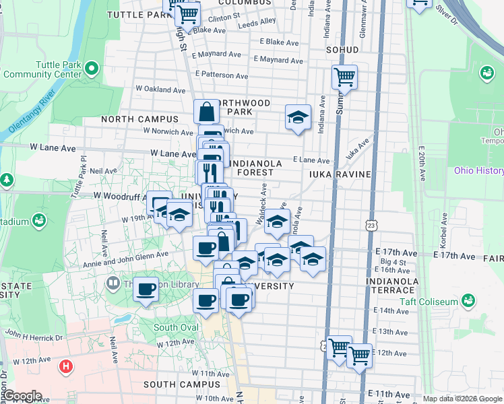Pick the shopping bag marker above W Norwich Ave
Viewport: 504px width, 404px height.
tap(207, 112)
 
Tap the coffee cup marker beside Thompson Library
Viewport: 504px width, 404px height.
tap(146, 290)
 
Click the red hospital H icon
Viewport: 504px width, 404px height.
tap(65, 367)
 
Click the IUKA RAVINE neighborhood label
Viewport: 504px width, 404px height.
tap(340, 174)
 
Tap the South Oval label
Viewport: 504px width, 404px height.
tap(175, 328)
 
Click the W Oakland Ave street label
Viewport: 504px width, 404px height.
tap(160, 89)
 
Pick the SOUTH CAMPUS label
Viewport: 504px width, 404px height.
tap(178, 384)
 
